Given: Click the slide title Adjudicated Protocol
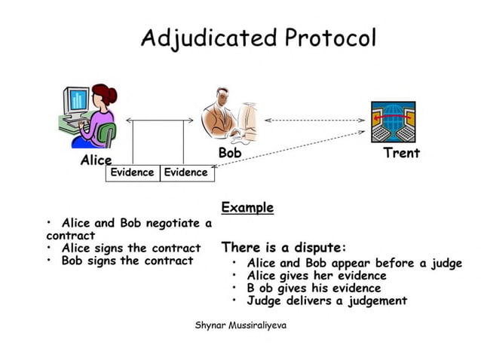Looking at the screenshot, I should click(x=258, y=37).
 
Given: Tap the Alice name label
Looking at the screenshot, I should click(x=96, y=160).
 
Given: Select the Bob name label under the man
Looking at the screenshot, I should click(x=229, y=153).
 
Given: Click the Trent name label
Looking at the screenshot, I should click(x=401, y=153).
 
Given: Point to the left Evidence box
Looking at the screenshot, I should click(x=132, y=172).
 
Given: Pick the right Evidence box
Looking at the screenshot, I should click(x=185, y=172).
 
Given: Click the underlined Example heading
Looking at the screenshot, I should click(x=247, y=207).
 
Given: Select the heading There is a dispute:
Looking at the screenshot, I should click(x=283, y=247).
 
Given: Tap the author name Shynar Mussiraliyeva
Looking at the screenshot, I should click(x=240, y=325).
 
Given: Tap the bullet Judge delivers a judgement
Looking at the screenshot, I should click(x=326, y=301).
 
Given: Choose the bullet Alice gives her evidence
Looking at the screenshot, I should click(x=316, y=275).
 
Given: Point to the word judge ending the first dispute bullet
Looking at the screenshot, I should click(x=444, y=263).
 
